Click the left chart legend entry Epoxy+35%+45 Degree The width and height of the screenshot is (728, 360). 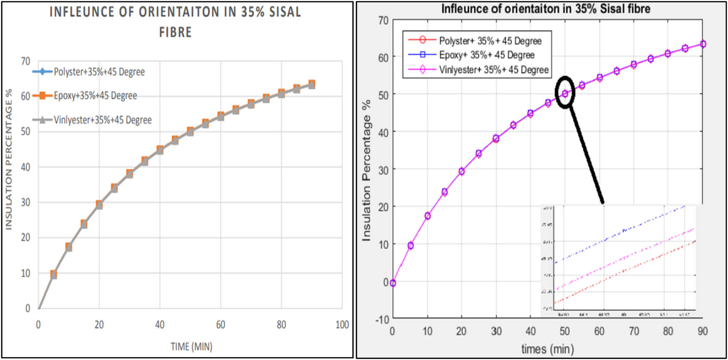[x=95, y=96]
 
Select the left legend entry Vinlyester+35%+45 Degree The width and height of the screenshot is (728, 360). [x=102, y=120]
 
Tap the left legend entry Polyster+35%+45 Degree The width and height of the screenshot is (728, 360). [x=99, y=72]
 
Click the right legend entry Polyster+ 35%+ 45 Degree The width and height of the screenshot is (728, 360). [x=490, y=41]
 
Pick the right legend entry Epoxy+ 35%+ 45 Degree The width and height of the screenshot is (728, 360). [x=486, y=55]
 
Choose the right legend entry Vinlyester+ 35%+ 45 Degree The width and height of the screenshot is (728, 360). [x=493, y=70]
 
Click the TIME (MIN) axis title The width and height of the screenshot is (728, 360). [x=191, y=346]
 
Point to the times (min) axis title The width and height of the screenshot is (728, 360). [x=547, y=349]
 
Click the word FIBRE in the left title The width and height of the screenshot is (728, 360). [x=176, y=32]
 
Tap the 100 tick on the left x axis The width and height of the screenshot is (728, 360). [x=342, y=325]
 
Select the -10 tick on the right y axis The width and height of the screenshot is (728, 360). [x=382, y=320]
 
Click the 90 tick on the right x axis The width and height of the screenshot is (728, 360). [x=703, y=331]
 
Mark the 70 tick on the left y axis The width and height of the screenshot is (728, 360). [x=25, y=61]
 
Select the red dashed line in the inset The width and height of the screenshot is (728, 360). [x=624, y=271]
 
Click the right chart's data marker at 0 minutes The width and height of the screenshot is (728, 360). [x=393, y=283]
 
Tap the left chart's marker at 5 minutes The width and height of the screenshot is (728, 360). [x=53, y=274]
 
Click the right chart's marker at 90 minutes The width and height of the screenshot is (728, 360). [x=703, y=44]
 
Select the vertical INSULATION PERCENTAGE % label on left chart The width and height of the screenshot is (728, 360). [x=9, y=159]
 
